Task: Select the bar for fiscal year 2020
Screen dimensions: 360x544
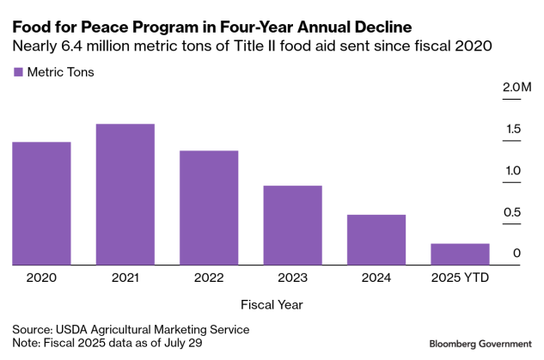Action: click(41, 204)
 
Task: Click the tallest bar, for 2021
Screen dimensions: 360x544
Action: click(125, 195)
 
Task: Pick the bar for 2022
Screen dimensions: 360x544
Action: click(209, 208)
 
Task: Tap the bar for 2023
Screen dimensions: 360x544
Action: click(292, 225)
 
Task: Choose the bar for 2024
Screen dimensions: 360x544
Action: click(376, 240)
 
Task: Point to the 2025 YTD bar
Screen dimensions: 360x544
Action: click(460, 254)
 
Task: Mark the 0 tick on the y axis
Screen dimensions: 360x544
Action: click(516, 253)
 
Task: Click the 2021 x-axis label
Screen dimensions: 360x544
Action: click(125, 278)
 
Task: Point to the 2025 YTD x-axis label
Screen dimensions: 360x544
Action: click(460, 278)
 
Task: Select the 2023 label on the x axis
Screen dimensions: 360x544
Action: click(292, 278)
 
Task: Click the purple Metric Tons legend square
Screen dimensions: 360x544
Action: click(18, 72)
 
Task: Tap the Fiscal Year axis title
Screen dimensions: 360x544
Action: click(272, 304)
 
